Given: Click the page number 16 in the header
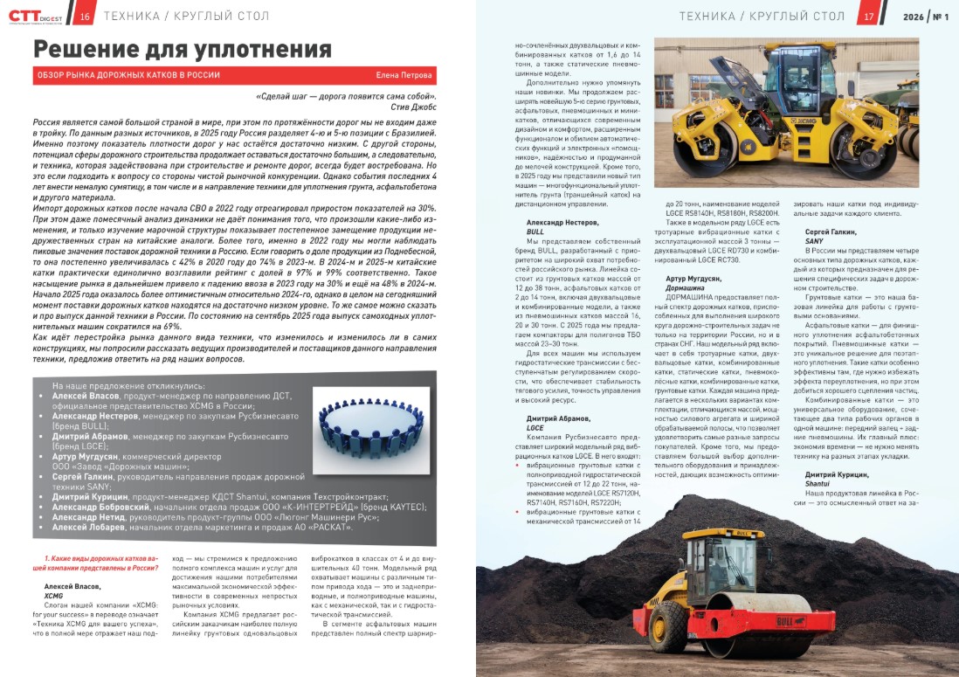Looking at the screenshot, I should click(86, 17).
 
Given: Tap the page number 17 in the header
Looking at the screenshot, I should click(868, 17).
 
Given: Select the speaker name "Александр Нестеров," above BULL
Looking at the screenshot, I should click(564, 224).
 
